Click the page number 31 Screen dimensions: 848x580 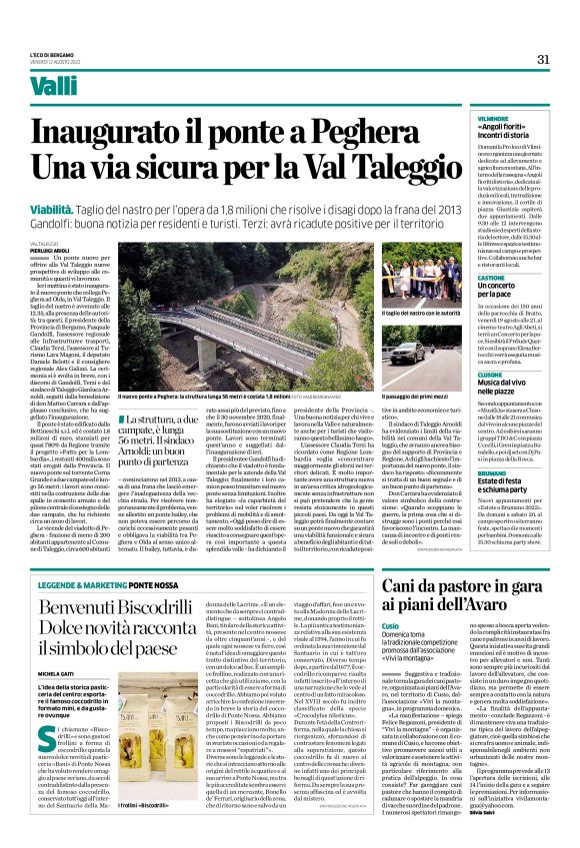[x=544, y=59]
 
